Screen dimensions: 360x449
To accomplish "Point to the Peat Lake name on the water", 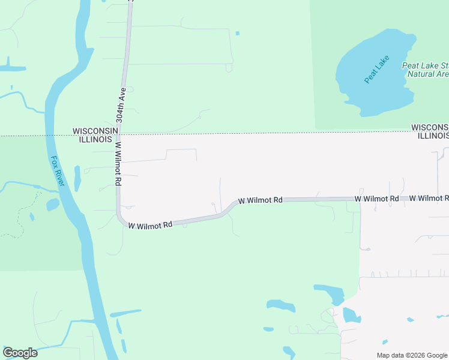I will pyautogui.click(x=377, y=69).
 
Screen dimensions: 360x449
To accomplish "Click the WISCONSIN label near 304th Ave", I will pyautogui.click(x=93, y=130).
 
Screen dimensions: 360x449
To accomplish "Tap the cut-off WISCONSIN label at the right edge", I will pyautogui.click(x=430, y=127).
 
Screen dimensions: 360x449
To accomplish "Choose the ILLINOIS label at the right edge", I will pyautogui.click(x=433, y=136).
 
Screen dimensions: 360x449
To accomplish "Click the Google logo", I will pyautogui.click(x=20, y=353).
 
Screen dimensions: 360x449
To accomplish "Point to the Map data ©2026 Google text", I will pyautogui.click(x=412, y=355).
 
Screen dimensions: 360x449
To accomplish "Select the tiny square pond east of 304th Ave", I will pyautogui.click(x=238, y=33).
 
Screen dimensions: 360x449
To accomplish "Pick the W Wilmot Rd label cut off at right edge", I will pyautogui.click(x=433, y=198).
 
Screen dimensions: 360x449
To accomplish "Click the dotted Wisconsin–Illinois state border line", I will pyautogui.click(x=240, y=133).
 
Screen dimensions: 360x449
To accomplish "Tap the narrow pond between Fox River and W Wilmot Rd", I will pyautogui.click(x=77, y=178).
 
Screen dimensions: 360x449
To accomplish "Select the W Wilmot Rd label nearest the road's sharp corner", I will pyautogui.click(x=150, y=224).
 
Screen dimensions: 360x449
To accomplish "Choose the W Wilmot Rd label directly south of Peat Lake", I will pyautogui.click(x=376, y=198).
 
